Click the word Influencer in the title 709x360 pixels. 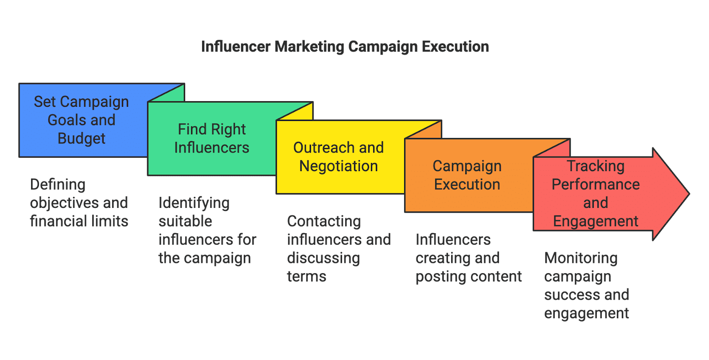(x=235, y=47)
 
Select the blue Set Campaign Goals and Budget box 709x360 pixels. (x=82, y=120)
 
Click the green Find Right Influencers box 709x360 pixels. (x=211, y=138)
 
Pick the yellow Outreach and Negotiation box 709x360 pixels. (x=339, y=157)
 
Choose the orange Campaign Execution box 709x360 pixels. (x=467, y=175)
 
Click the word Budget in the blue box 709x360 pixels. (x=82, y=139)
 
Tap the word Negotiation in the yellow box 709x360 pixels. (x=339, y=166)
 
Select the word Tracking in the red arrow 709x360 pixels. (x=596, y=166)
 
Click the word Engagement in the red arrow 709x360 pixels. (x=596, y=221)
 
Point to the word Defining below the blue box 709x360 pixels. (x=58, y=184)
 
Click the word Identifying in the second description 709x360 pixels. (x=194, y=203)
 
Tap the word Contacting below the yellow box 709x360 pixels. (x=324, y=221)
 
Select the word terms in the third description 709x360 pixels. (x=306, y=277)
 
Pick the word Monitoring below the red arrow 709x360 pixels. (x=580, y=258)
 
